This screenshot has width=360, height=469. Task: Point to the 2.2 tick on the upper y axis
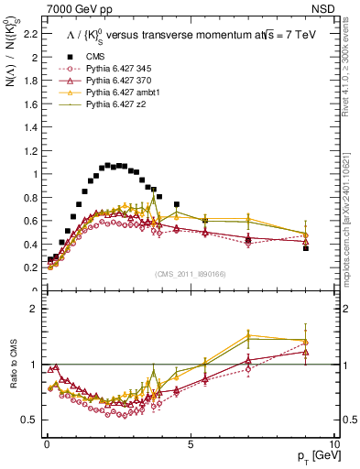click(29, 35)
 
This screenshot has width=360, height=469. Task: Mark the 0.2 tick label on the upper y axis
click(29, 267)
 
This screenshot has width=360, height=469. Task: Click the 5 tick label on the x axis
click(190, 443)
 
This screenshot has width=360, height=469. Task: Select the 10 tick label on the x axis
click(333, 443)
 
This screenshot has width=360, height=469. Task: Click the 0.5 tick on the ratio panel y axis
click(29, 420)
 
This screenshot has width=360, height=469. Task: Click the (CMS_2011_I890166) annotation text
click(190, 274)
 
